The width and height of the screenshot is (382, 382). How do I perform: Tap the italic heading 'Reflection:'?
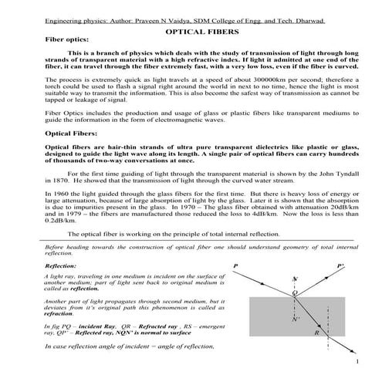pyautogui.click(x=65, y=265)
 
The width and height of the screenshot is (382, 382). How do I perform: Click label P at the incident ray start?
pyautogui.click(x=235, y=264)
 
